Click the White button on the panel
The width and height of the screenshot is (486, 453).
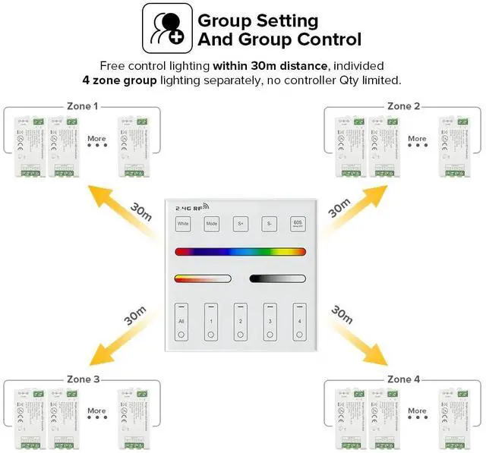click(183, 224)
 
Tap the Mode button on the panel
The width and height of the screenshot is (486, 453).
click(212, 224)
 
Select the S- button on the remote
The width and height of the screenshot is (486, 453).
click(269, 224)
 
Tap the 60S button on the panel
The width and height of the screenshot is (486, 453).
click(298, 224)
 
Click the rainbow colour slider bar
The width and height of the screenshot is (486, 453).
click(240, 251)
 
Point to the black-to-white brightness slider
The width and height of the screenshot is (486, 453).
click(277, 278)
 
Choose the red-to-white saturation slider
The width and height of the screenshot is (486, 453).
click(202, 278)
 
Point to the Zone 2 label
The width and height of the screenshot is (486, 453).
click(403, 106)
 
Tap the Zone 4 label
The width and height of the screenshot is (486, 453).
click(403, 379)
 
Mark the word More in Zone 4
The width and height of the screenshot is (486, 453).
click(417, 411)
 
